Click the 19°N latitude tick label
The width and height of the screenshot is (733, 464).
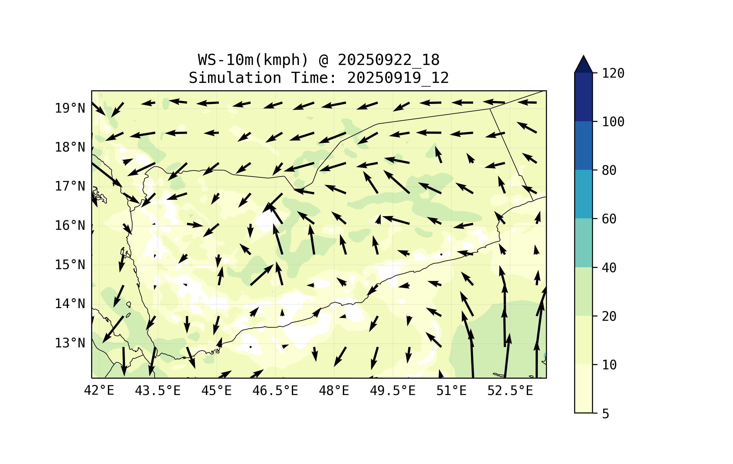coord(70,109)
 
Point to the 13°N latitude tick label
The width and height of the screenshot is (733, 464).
coord(70,343)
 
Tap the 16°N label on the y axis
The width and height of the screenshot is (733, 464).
coord(70,226)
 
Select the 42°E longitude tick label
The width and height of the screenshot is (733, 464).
coord(99,391)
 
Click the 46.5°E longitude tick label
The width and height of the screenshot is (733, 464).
coord(275,391)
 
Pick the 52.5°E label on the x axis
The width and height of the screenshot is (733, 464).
coord(510,391)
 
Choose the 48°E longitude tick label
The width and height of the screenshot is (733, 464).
coord(334,391)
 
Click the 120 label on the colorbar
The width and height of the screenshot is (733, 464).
coord(613,74)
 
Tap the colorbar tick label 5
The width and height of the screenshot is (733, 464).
coord(606,414)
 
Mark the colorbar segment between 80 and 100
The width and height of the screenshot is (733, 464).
coord(583,145)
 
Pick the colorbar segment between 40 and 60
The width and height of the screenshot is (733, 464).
coord(583,243)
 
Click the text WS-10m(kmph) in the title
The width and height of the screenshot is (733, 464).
coord(253,60)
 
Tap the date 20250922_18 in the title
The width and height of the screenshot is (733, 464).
coord(389,60)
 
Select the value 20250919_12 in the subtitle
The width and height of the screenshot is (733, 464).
coord(398,78)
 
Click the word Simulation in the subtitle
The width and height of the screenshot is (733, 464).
coord(235,78)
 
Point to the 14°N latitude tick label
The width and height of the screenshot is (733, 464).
coord(70,304)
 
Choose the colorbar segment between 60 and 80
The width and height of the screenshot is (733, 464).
coord(583,194)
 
